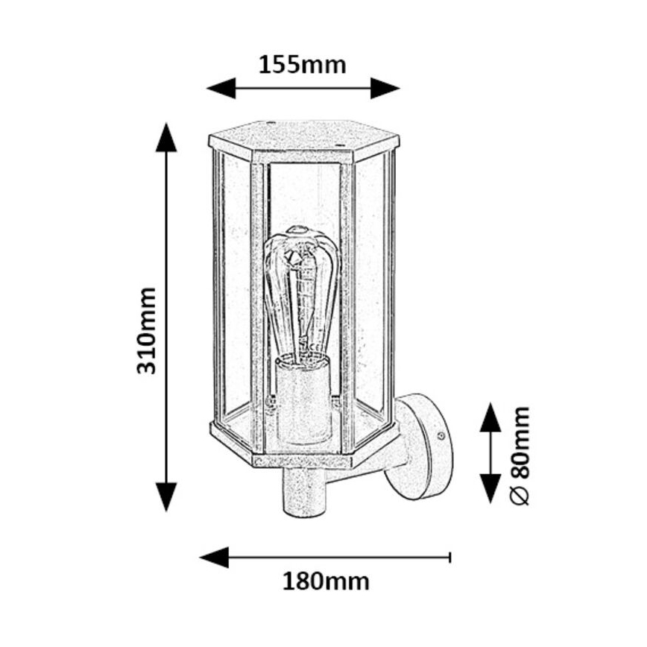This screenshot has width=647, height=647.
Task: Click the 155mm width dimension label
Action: point(303,65)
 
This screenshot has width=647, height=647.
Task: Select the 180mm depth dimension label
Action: point(326,581)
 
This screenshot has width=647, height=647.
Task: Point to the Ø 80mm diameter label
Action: point(520,455)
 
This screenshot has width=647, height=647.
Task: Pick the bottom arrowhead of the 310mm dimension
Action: point(166,496)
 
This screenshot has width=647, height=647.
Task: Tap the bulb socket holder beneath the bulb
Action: point(301,399)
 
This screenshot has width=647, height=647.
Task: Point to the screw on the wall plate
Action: point(443,435)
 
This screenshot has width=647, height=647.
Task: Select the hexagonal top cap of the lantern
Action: point(303,139)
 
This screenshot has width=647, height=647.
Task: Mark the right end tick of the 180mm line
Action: point(449,557)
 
